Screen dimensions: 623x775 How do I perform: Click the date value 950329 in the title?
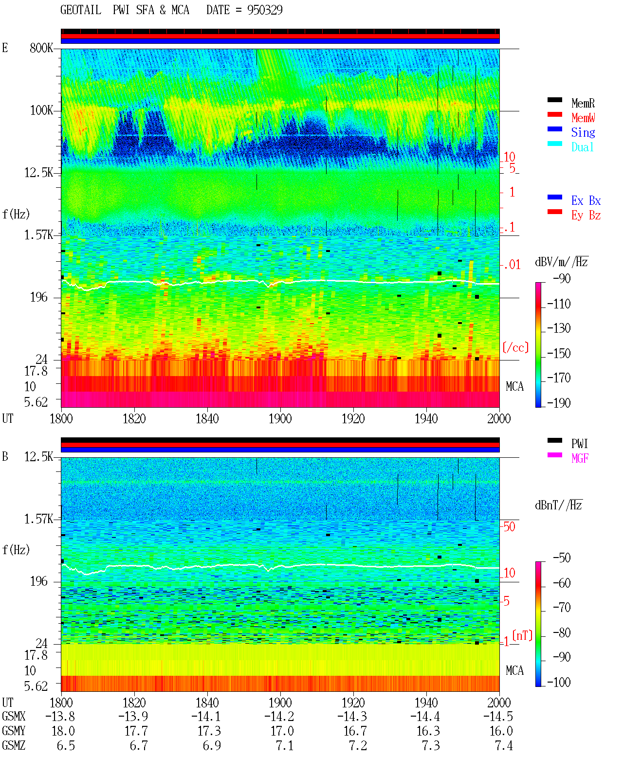coord(264,10)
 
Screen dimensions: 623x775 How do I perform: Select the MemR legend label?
coord(583,103)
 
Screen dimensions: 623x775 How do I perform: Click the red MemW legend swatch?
coord(554,114)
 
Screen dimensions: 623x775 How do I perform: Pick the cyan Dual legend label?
coord(582,147)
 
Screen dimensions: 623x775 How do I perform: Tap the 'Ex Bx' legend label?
coord(586,200)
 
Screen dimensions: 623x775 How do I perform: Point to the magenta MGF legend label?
coord(580,458)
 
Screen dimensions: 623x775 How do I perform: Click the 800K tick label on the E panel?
coord(41,48)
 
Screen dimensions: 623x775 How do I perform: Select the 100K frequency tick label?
coord(41,110)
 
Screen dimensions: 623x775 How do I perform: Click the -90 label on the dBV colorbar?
coord(561,278)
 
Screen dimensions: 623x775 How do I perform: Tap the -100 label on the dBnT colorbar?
coord(558,682)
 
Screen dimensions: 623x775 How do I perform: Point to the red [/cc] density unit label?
coord(515,347)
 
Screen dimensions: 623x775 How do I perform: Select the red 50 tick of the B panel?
coord(509,526)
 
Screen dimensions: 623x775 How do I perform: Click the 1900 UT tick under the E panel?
coord(280,418)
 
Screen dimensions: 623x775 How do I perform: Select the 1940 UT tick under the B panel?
coord(426,703)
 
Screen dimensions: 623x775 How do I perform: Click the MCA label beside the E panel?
coord(514,386)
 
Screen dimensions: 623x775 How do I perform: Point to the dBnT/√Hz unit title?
coord(558,505)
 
